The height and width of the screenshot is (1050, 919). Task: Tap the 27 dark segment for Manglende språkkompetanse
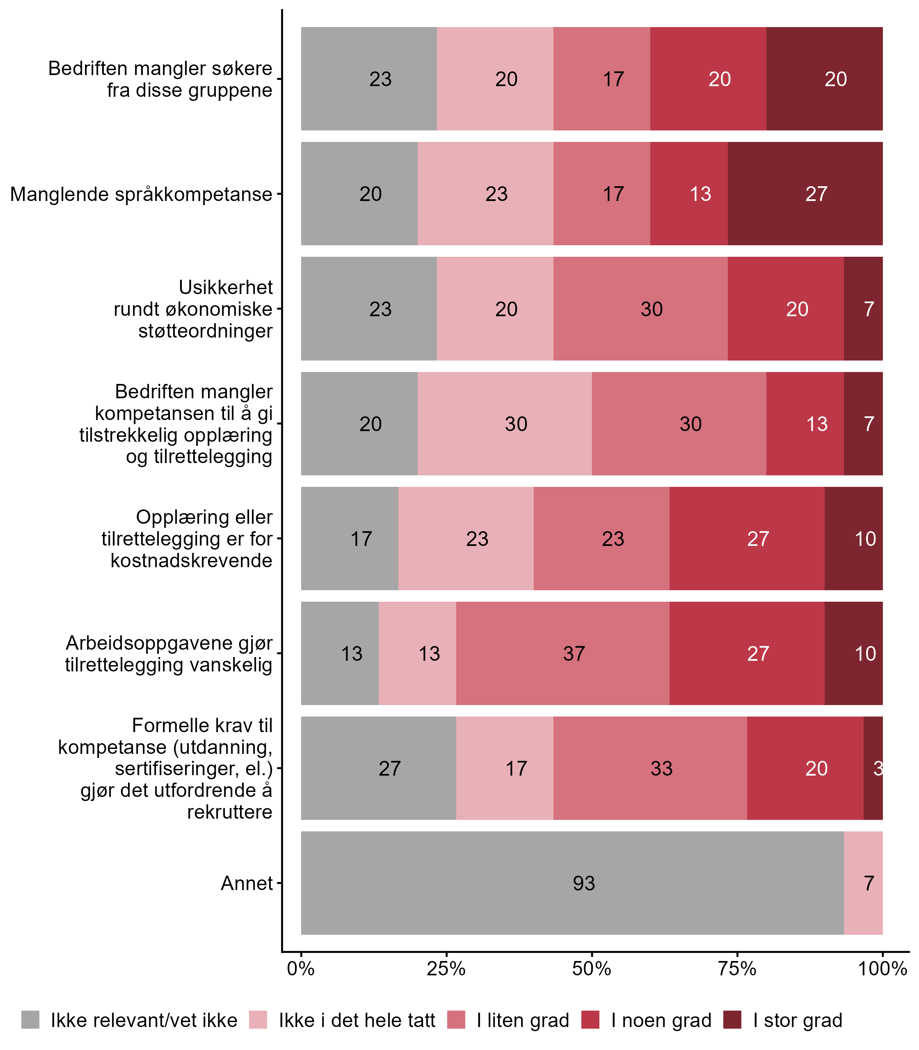pyautogui.click(x=805, y=194)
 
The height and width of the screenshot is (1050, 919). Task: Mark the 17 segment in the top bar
pyautogui.click(x=601, y=79)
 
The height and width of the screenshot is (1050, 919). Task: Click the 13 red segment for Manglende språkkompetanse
pyautogui.click(x=689, y=194)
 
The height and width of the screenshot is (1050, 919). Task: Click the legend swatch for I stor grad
pyautogui.click(x=732, y=1020)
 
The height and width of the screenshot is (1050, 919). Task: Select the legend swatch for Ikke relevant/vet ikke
pyautogui.click(x=30, y=1020)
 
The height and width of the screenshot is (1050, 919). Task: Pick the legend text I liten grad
pyautogui.click(x=523, y=1020)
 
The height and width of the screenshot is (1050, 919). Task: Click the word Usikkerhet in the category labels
pyautogui.click(x=226, y=287)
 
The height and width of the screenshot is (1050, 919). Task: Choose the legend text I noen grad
pyautogui.click(x=661, y=1020)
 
